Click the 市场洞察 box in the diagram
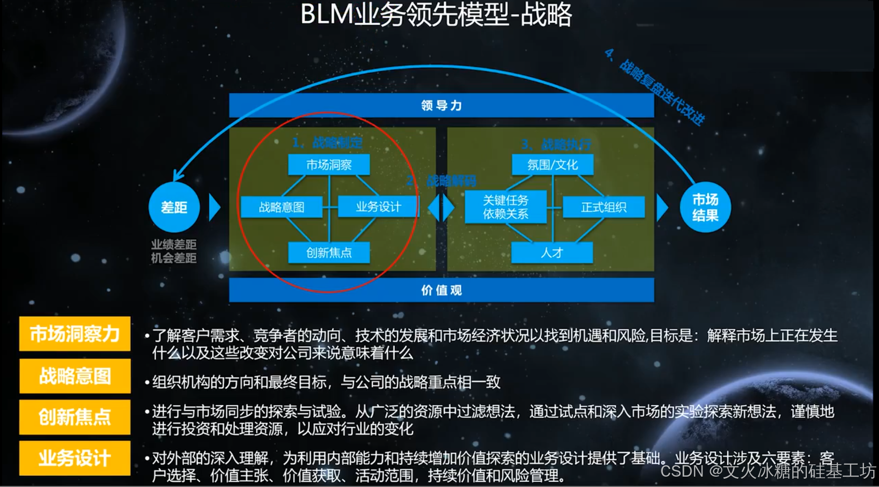[329, 165]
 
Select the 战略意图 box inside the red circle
[281, 207]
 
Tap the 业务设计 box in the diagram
[378, 207]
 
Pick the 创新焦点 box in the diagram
[329, 253]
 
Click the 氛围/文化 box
[552, 165]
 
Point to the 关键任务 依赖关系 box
[506, 207]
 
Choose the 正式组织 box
[603, 207]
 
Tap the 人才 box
[552, 253]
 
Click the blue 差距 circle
[174, 207]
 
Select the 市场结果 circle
[705, 207]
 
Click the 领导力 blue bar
[441, 106]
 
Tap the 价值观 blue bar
[441, 290]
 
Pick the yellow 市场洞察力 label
[75, 334]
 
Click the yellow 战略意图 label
[75, 376]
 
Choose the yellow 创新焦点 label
[75, 417]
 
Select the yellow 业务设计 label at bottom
[75, 458]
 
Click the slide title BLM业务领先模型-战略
[436, 15]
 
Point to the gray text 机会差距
[174, 258]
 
